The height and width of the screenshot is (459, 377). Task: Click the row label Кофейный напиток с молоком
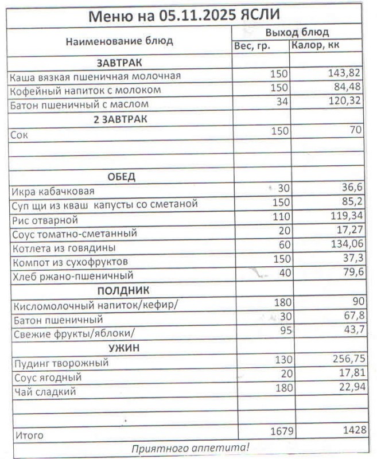tap(85, 90)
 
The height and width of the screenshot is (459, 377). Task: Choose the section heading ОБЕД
tap(121, 176)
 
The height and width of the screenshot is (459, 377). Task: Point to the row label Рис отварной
tap(44, 220)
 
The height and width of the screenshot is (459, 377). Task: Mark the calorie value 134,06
tap(344, 246)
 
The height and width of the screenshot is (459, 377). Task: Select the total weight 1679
tap(279, 431)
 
